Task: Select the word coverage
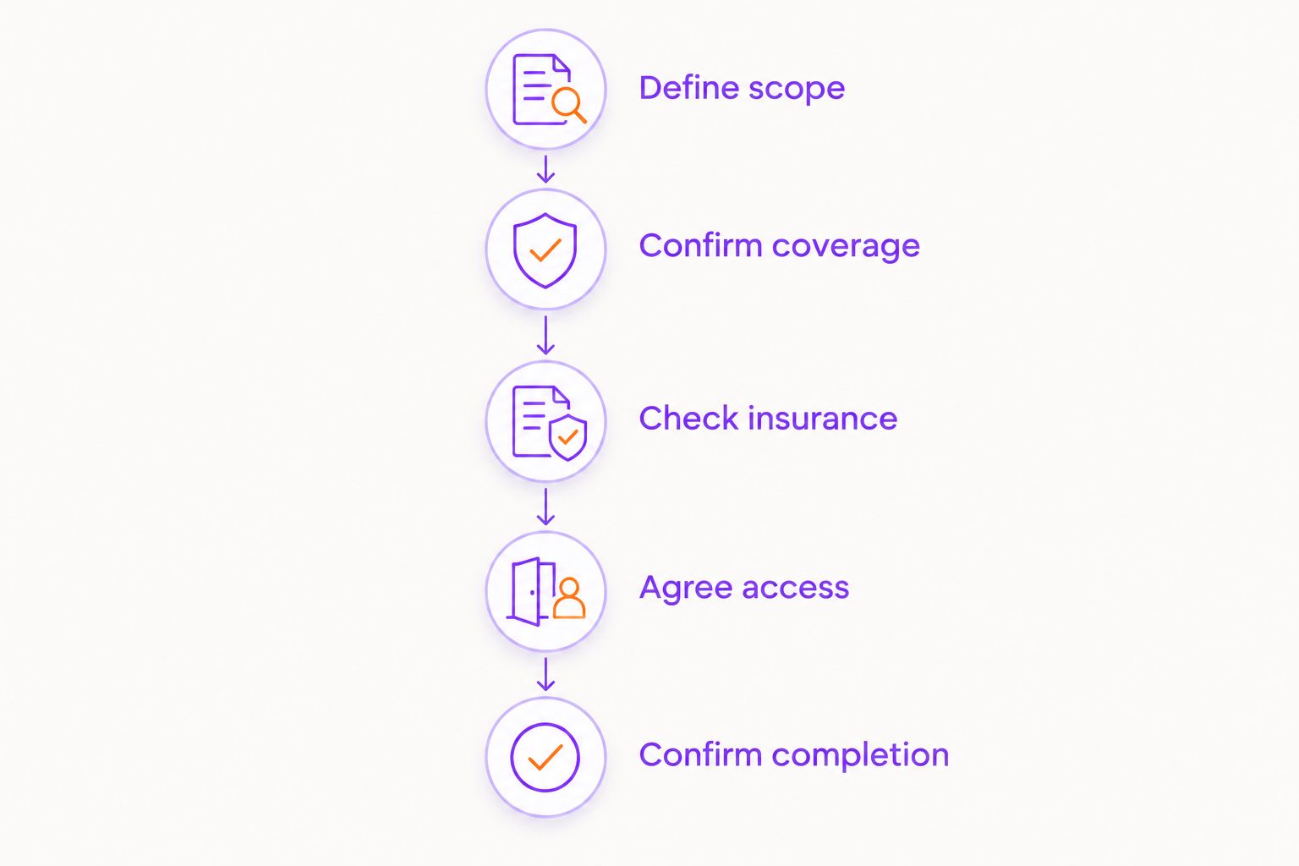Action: [846, 247]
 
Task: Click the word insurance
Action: [823, 418]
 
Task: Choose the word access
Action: [796, 588]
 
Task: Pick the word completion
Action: [861, 756]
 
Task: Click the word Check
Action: [688, 418]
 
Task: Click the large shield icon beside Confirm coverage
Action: [545, 250]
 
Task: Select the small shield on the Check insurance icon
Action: [567, 437]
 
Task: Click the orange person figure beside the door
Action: [569, 598]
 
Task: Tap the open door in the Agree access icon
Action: [530, 592]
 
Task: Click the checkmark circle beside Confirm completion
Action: [545, 757]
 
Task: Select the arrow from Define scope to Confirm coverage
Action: [545, 169]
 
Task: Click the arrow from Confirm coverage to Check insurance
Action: [545, 335]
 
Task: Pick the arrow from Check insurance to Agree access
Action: [545, 507]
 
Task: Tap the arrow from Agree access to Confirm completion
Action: [545, 674]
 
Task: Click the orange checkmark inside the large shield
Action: [545, 250]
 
